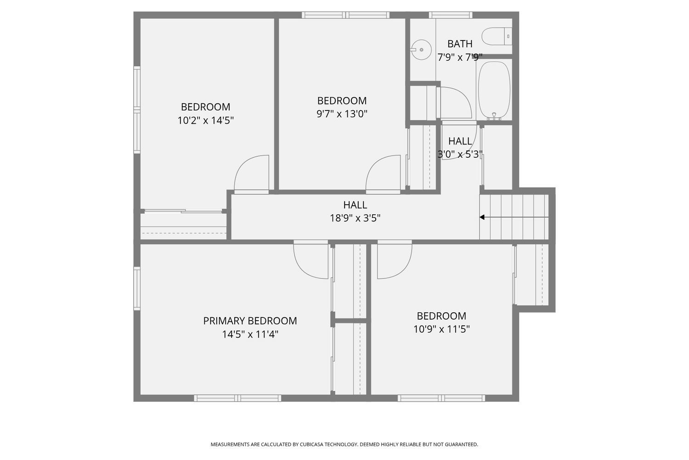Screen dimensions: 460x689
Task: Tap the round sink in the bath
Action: pos(421,49)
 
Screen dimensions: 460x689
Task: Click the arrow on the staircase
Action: pos(482,217)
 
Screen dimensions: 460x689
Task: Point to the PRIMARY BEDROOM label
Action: pos(250,321)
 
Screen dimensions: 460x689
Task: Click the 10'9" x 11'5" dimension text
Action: pos(441,329)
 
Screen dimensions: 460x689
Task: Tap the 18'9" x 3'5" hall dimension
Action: pos(355,218)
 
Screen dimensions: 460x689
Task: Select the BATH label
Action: pos(460,44)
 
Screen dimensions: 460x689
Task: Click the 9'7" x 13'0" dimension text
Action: pos(342,114)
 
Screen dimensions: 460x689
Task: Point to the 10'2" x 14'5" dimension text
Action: pos(206,121)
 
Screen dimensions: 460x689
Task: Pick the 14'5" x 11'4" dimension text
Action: pos(250,334)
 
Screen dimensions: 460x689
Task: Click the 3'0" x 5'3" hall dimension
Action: pos(460,155)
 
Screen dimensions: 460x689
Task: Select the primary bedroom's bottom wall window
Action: pos(237,398)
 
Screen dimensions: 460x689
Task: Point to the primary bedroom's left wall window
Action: pos(137,288)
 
